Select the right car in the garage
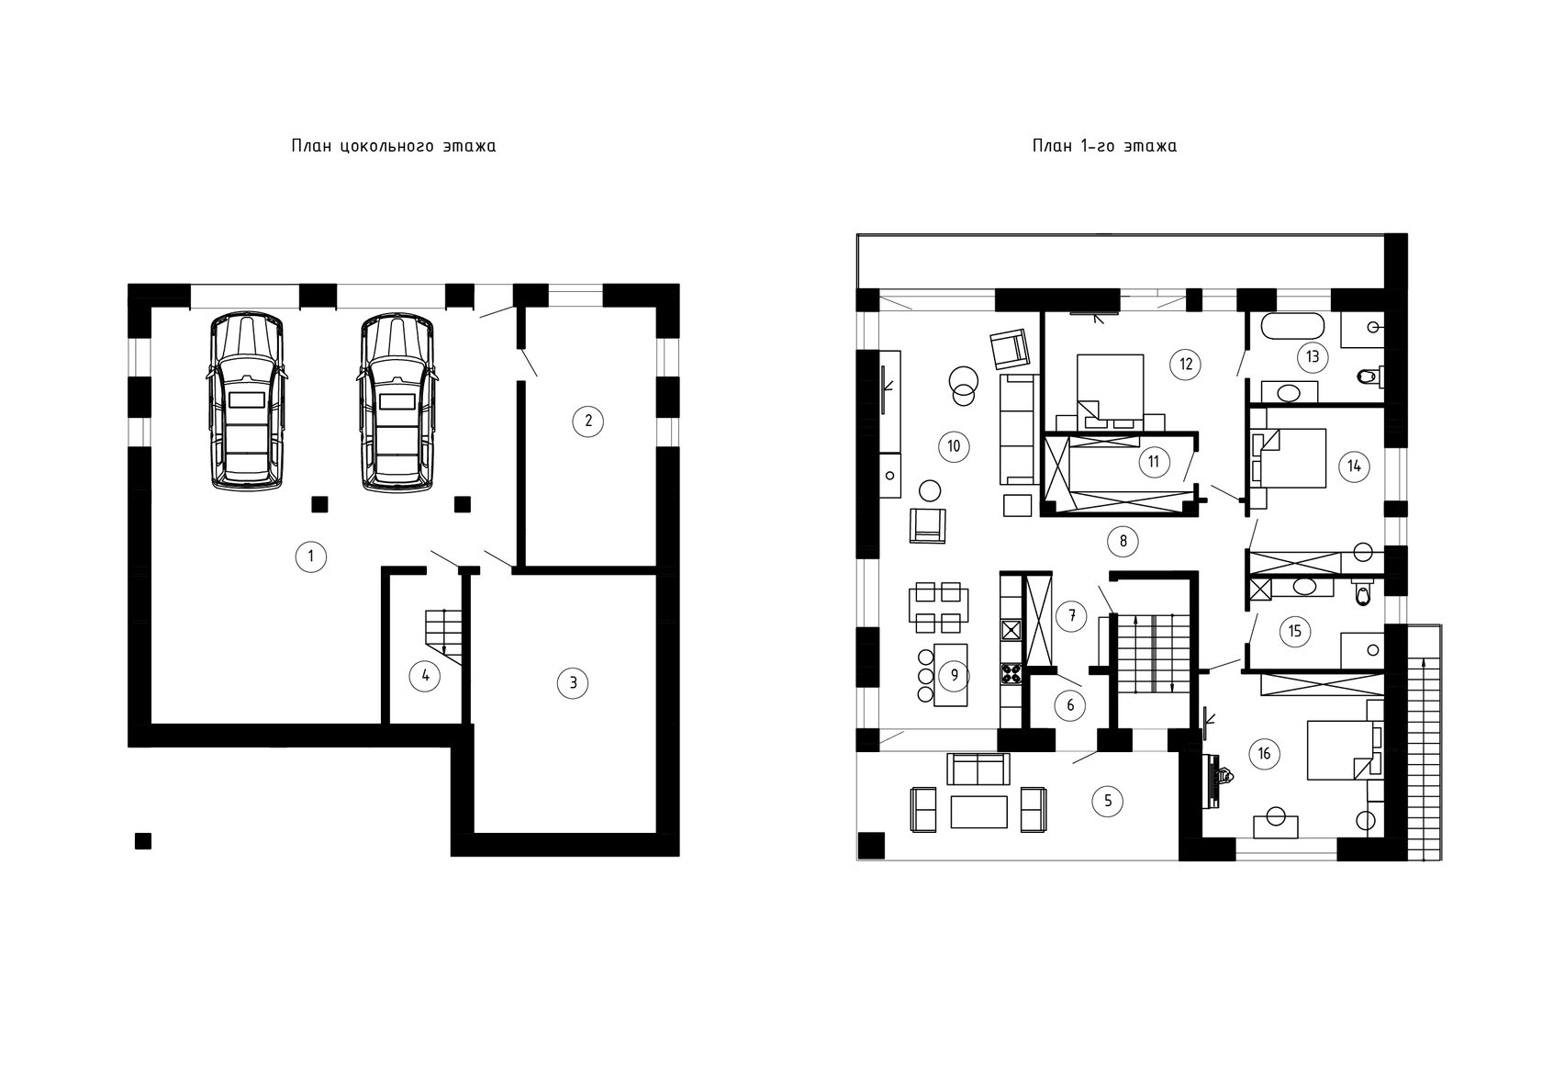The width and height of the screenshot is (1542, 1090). tap(395, 402)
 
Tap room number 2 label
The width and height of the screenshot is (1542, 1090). tap(587, 421)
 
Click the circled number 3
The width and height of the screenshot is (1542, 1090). tap(573, 683)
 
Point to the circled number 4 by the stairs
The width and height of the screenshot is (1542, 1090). tap(425, 676)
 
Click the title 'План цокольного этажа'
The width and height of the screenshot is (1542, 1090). tap(394, 146)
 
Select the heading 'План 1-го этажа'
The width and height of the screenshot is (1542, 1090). tap(1104, 146)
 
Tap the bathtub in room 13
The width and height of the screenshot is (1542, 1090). tap(1292, 326)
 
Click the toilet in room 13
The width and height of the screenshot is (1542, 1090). tap(1369, 376)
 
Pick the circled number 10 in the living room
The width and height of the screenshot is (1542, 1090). tap(955, 446)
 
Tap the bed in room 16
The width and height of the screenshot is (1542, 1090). tap(1340, 750)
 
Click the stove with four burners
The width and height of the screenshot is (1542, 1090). tap(1011, 673)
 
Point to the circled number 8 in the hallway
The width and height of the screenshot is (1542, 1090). tap(1123, 541)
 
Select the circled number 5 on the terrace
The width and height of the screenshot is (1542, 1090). tap(1108, 801)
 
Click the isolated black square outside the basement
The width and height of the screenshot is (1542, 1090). tap(143, 841)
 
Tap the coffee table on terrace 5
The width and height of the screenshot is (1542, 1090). tap(978, 812)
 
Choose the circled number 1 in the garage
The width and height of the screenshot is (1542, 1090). tap(310, 556)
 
